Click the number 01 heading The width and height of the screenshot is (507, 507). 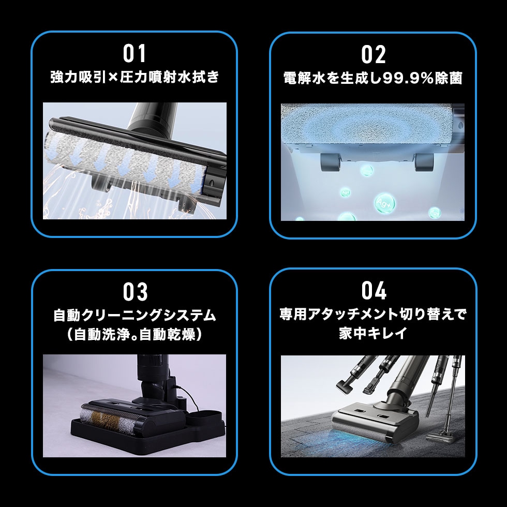[135, 54]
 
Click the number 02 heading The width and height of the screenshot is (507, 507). [374, 55]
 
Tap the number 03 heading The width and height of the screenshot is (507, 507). [135, 292]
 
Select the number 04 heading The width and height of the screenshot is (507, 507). [374, 291]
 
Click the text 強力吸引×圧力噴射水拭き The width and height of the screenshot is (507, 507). [135, 78]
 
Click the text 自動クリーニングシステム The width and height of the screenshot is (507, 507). [135, 315]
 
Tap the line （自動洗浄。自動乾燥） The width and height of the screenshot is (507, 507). [135, 335]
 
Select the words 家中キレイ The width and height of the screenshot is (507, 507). [373, 333]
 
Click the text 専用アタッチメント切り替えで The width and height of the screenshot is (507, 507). [373, 314]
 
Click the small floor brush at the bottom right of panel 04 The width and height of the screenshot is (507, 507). [440, 435]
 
